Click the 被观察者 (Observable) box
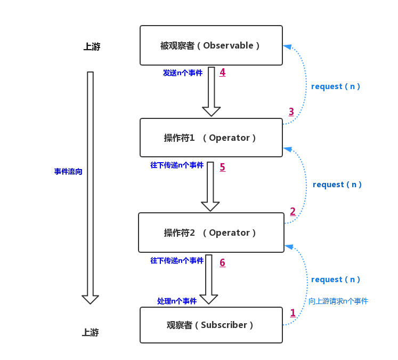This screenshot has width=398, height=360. [211, 45]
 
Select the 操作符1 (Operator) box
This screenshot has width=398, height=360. [211, 138]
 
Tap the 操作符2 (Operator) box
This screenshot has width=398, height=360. [211, 233]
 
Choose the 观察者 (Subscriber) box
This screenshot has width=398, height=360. [211, 325]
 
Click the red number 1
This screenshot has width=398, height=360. [293, 313]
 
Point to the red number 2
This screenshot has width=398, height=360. [293, 212]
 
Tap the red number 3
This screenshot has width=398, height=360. [291, 111]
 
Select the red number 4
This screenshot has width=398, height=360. [223, 72]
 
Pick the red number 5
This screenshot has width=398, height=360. [223, 167]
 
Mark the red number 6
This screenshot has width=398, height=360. [223, 262]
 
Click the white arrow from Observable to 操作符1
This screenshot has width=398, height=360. [212, 91]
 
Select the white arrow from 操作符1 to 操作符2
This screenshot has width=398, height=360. [210, 186]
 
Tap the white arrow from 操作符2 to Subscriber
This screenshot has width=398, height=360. [208, 280]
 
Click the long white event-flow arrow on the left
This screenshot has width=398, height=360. [91, 187]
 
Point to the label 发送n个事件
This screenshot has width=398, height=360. [183, 73]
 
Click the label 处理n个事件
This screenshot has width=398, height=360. [177, 301]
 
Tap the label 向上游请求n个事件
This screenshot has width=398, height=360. [338, 301]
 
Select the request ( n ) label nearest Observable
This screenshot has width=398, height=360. [336, 86]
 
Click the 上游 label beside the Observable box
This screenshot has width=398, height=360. [92, 47]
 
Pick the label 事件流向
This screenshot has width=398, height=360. [68, 172]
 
